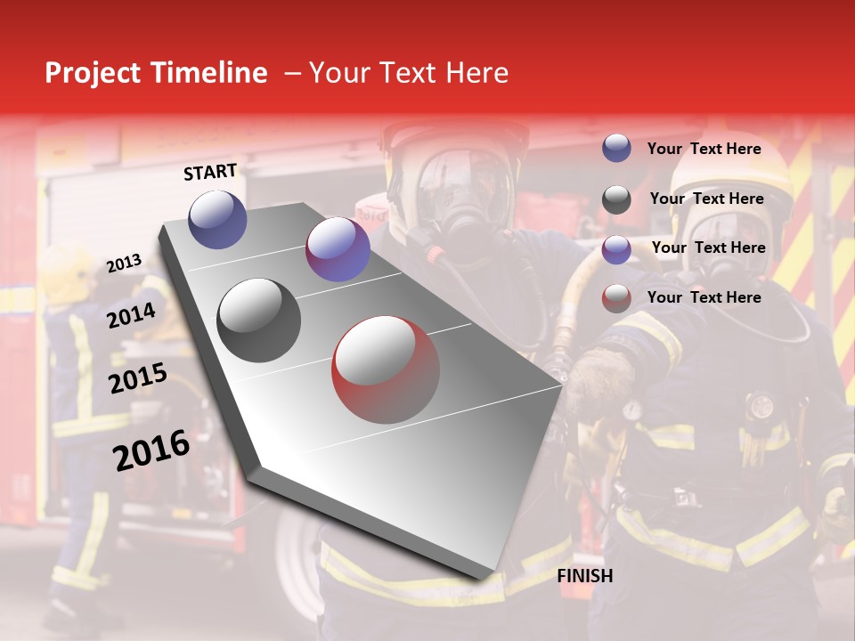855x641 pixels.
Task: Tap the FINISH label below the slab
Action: [584, 576]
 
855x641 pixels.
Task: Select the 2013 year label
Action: [124, 264]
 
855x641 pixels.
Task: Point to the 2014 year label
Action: [132, 315]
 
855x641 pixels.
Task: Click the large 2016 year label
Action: [151, 450]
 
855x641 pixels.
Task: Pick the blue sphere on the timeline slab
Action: [217, 219]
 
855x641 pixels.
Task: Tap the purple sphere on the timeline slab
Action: [338, 249]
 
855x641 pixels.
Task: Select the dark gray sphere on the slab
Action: [259, 320]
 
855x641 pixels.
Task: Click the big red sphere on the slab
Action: [386, 369]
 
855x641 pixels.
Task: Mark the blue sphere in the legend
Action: [616, 149]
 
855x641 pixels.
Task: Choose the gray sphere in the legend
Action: [616, 199]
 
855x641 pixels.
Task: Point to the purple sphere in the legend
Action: [616, 249]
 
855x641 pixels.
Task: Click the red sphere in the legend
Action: [616, 298]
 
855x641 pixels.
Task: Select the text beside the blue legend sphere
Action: [704, 149]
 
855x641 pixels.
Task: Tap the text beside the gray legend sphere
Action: [706, 199]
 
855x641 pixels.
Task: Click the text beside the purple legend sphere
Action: [708, 247]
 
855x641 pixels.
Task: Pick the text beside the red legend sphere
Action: [704, 297]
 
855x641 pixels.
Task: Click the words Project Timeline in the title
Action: [156, 73]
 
